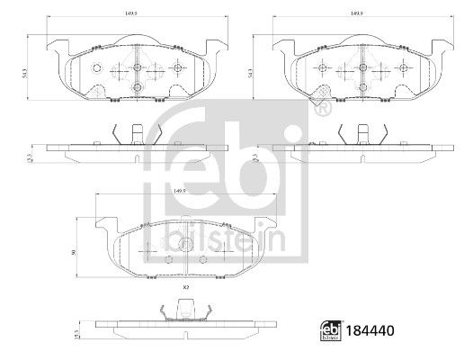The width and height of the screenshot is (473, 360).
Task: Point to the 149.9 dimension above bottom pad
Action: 179,191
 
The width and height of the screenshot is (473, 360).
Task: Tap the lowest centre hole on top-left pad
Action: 137,86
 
